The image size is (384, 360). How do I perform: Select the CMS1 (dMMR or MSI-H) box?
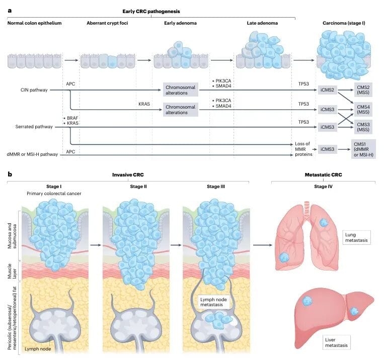(x=362, y=149)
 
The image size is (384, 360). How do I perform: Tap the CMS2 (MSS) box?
(x=362, y=90)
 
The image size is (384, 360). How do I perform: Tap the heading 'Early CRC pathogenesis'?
(x=151, y=11)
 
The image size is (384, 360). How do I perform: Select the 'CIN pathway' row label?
(x=31, y=90)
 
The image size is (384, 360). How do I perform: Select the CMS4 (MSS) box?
(x=362, y=109)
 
